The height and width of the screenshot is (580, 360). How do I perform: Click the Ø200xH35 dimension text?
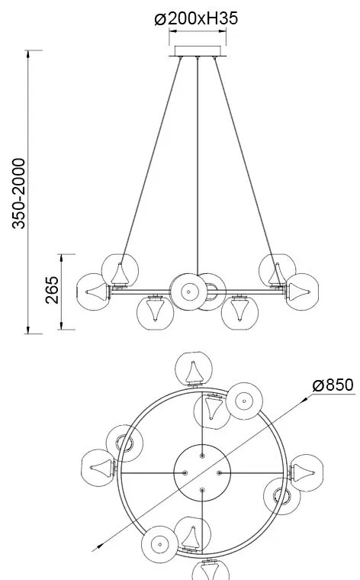click(196, 18)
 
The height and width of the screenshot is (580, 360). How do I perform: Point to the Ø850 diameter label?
click(333, 385)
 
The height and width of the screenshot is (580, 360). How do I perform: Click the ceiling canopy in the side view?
click(197, 53)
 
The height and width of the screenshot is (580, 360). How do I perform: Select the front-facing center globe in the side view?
click(185, 290)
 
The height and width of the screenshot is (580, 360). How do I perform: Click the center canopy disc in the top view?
click(202, 473)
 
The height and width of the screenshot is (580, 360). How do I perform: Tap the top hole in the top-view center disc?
click(202, 456)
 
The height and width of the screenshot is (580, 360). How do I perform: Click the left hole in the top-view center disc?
click(185, 473)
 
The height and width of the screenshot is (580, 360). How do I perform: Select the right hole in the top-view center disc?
click(219, 473)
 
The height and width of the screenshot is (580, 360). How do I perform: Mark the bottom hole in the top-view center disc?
click(202, 490)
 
